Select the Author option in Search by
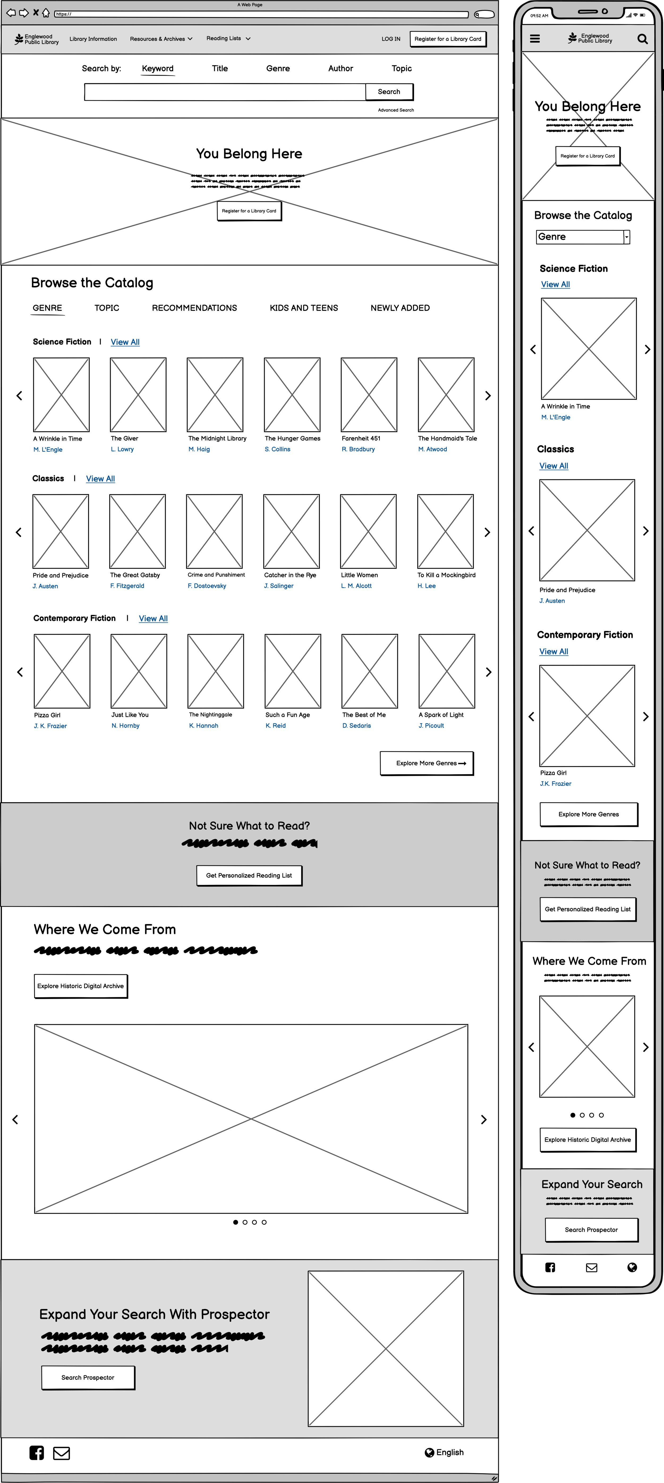click(x=340, y=69)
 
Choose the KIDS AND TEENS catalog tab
click(x=304, y=308)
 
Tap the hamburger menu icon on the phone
click(x=535, y=39)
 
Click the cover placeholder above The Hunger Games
click(x=292, y=395)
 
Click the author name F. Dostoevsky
click(x=207, y=586)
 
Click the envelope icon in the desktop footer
click(x=62, y=1453)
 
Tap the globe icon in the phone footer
click(x=632, y=1267)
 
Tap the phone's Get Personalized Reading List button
click(x=588, y=909)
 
